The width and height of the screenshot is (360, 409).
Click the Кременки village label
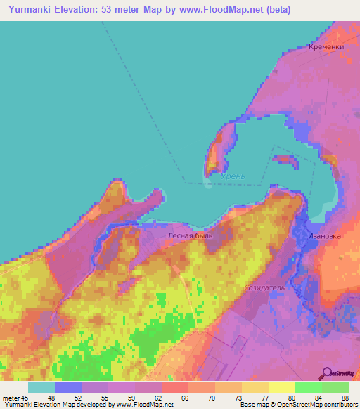coord(326,47)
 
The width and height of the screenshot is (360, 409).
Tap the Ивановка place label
coord(324,236)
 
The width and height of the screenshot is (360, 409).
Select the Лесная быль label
coord(190,236)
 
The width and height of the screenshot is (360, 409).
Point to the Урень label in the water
coord(233,175)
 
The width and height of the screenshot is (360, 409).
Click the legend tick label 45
coord(25,397)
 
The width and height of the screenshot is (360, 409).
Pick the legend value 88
coord(345,397)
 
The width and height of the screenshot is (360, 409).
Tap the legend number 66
coord(185,397)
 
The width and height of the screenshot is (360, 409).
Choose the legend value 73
coord(238,397)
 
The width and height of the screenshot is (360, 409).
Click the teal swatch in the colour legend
coord(41,387)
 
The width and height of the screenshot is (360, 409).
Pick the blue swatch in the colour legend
coord(68,387)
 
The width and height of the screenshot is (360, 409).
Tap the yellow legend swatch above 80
coord(282,387)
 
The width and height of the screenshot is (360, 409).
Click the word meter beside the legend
coord(11,397)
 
